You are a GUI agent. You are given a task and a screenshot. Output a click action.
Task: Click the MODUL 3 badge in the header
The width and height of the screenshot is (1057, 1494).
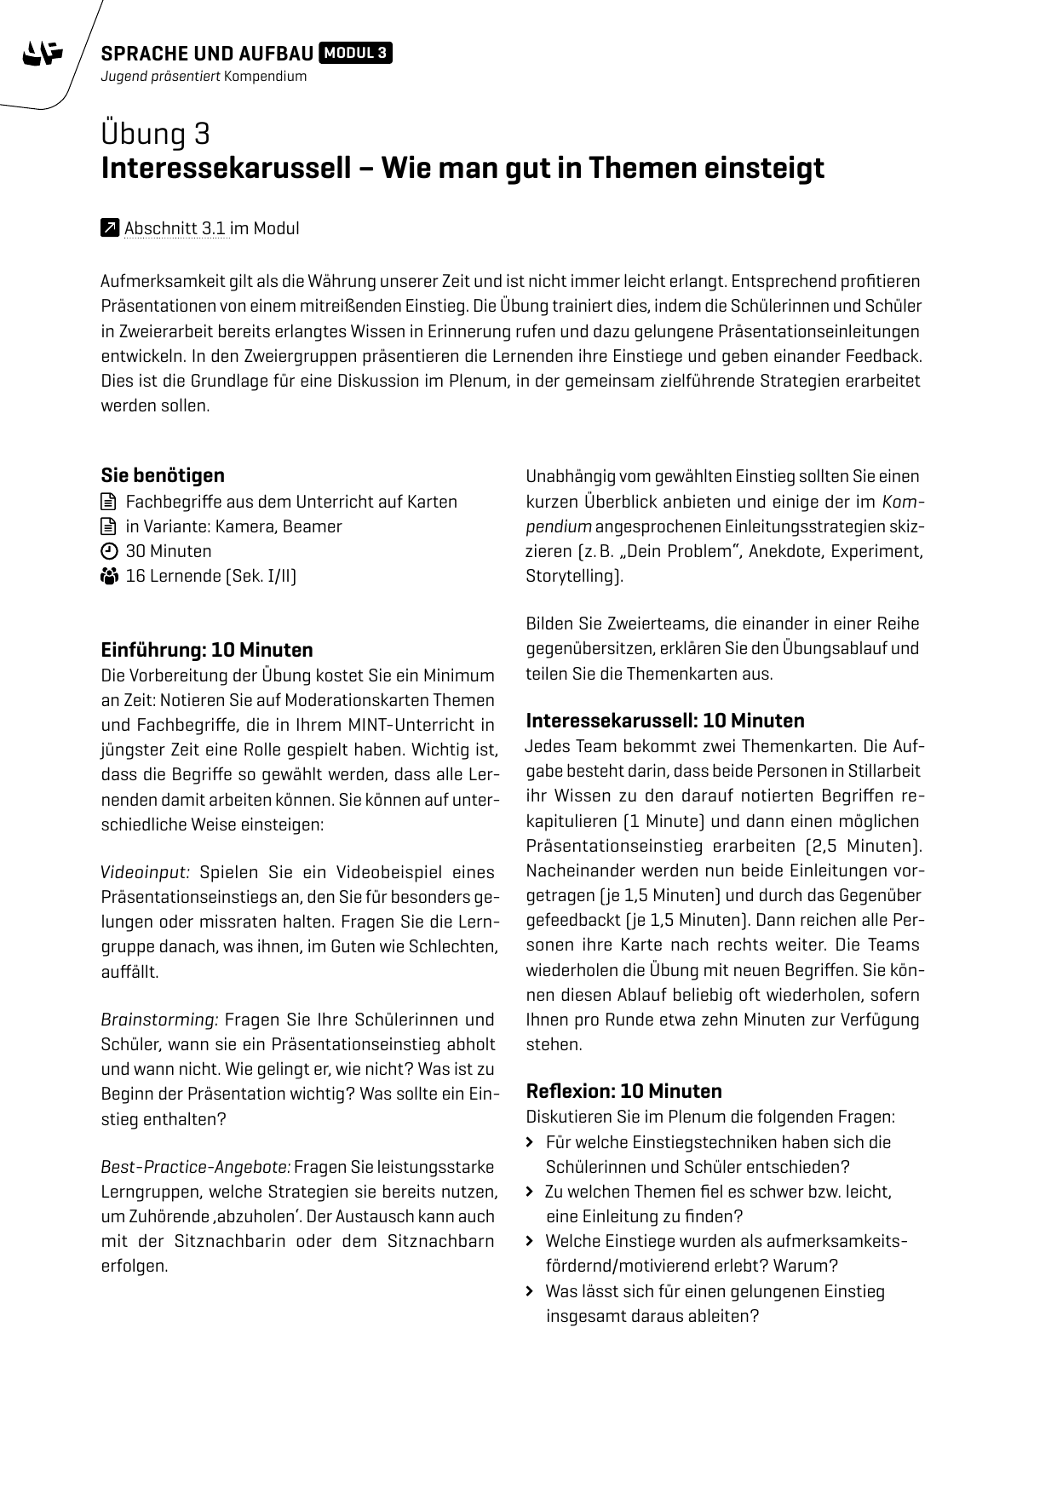[x=356, y=54]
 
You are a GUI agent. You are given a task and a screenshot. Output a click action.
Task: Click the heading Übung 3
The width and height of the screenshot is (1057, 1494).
[x=156, y=134]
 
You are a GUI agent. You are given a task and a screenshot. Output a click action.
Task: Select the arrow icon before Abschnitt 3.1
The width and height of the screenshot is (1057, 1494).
[x=110, y=228]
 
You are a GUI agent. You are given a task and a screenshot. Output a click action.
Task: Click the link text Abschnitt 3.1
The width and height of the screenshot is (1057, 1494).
[x=175, y=228]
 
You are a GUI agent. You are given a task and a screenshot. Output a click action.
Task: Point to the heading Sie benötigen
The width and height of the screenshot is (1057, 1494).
[x=163, y=475]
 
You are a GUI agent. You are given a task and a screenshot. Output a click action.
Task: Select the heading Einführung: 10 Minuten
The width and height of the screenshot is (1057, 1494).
[x=207, y=650]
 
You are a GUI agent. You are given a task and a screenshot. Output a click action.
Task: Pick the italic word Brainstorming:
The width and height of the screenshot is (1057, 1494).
[x=160, y=1020]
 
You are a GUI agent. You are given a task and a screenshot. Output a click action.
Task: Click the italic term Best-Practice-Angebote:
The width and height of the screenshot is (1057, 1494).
[x=196, y=1167]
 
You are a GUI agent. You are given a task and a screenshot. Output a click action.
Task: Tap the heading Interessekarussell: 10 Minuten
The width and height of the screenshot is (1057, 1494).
[x=665, y=721]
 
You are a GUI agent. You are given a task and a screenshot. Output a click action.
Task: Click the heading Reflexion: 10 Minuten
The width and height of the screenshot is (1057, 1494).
[x=623, y=1091]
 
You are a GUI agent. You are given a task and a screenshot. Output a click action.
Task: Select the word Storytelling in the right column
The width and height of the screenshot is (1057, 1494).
[x=572, y=576]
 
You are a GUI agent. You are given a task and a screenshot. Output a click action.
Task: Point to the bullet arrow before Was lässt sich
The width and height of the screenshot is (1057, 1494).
[x=531, y=1291]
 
